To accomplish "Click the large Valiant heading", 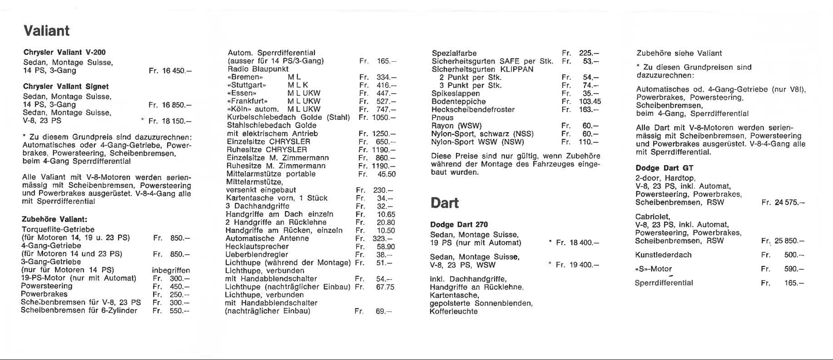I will coord(46,31).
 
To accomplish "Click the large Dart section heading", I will coord(445,203).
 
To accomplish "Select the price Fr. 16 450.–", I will coord(170,71).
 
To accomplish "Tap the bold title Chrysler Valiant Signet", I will coord(66,86).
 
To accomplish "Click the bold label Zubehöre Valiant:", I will coord(55,219).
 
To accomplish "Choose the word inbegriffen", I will coord(171,270).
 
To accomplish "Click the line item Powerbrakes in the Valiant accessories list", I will coord(44,294).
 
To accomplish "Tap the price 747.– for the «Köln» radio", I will coord(386,109).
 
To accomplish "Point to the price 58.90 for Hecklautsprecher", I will coord(386,247).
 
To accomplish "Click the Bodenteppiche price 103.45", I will coord(590,102).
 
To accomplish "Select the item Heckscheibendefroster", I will coord(473,109).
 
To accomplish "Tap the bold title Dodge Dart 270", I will coord(459,225).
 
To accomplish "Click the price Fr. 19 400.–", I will coord(577,265).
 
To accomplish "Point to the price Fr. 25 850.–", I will coord(783,241).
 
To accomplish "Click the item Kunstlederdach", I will coord(663,255).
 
